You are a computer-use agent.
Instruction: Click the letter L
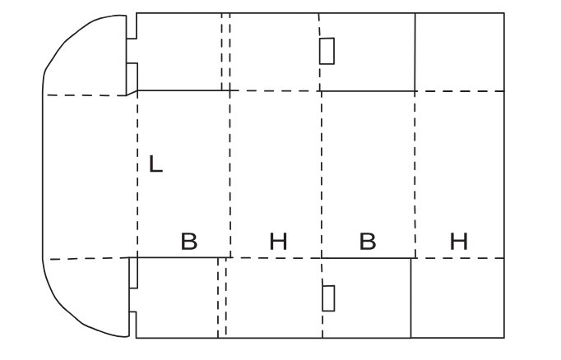[x=155, y=164]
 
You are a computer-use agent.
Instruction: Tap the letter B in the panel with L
[x=189, y=242]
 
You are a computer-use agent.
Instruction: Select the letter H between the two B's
[x=278, y=242]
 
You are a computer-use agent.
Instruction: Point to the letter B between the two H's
[x=368, y=242]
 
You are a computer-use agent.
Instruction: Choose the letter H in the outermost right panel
[x=459, y=242]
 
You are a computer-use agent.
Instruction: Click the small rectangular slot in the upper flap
[x=327, y=51]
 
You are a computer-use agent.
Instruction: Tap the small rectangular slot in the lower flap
[x=328, y=298]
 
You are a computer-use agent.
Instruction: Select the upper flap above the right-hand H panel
[x=460, y=53]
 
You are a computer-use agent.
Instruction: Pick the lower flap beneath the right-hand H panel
[x=457, y=298]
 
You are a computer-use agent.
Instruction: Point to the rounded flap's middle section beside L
[x=90, y=177]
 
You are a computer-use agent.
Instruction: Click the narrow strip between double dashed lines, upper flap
[x=225, y=52]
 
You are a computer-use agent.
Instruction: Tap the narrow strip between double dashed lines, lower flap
[x=222, y=298]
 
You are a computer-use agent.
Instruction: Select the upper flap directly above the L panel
[x=179, y=52]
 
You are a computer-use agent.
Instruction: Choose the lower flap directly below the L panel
[x=177, y=298]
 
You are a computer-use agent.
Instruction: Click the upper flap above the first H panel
[x=275, y=52]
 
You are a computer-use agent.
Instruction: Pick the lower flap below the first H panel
[x=275, y=298]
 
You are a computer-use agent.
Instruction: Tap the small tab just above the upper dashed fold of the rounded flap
[x=132, y=78]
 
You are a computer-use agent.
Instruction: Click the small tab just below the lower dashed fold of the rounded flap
[x=133, y=272]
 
